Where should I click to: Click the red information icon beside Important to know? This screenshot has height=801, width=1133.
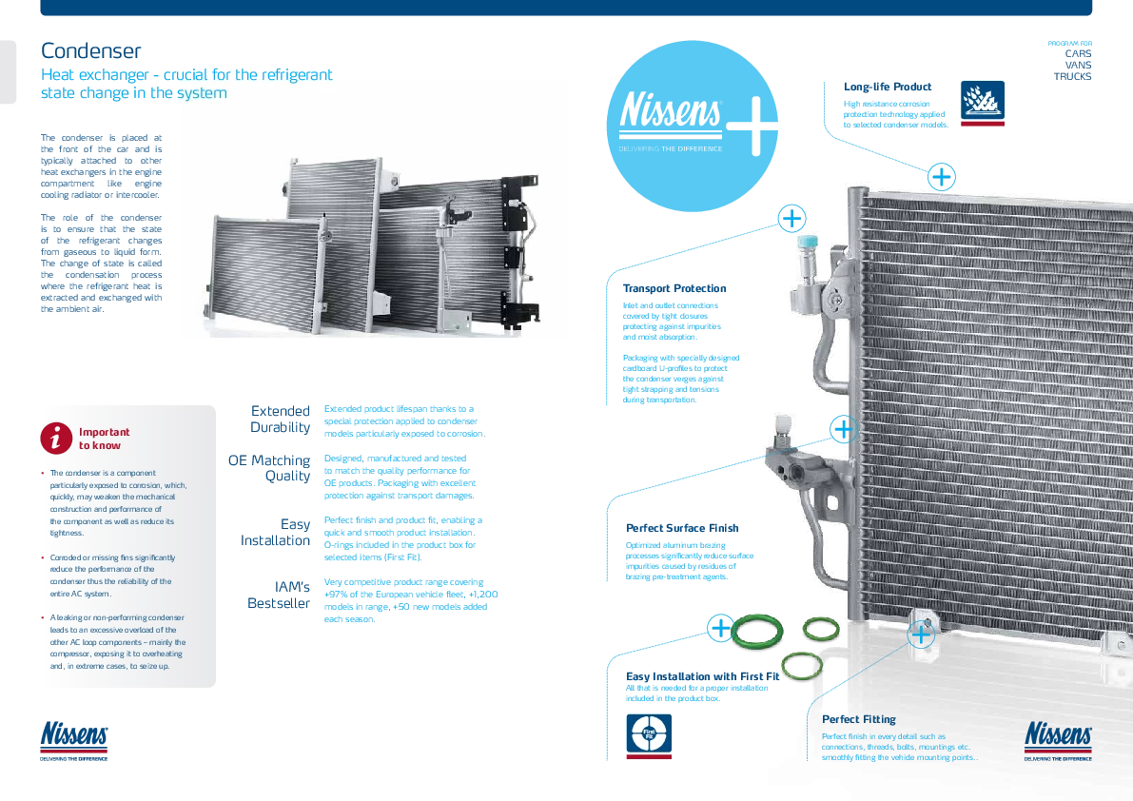(58, 438)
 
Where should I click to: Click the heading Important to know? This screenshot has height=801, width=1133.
(105, 439)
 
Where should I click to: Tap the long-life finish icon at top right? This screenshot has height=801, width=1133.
(985, 104)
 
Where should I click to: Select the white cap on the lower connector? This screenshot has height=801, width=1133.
(782, 424)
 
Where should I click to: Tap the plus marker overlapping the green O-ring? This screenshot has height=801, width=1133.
(721, 628)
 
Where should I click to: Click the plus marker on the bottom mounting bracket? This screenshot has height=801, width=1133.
(921, 634)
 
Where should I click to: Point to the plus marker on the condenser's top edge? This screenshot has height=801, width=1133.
(942, 177)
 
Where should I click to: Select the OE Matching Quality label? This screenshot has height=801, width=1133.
(270, 469)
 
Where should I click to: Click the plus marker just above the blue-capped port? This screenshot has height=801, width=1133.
(791, 218)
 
